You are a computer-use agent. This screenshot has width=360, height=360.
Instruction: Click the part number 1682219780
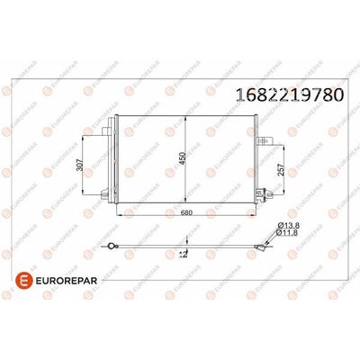(x=290, y=94)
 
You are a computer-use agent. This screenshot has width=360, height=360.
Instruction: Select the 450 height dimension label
(x=183, y=158)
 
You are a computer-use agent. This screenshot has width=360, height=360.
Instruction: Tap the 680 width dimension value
(x=186, y=212)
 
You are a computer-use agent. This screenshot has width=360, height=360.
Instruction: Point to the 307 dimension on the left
(x=79, y=165)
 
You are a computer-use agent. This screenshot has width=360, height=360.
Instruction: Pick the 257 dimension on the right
(x=281, y=170)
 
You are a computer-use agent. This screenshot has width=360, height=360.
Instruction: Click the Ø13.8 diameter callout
(x=289, y=225)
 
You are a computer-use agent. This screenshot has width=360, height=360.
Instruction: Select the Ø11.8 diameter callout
(x=287, y=232)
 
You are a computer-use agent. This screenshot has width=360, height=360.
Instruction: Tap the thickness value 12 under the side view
(x=183, y=254)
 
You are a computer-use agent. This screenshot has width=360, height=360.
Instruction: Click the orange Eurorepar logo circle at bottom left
(x=24, y=281)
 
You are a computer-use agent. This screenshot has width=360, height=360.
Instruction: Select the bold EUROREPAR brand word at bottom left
(x=67, y=281)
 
